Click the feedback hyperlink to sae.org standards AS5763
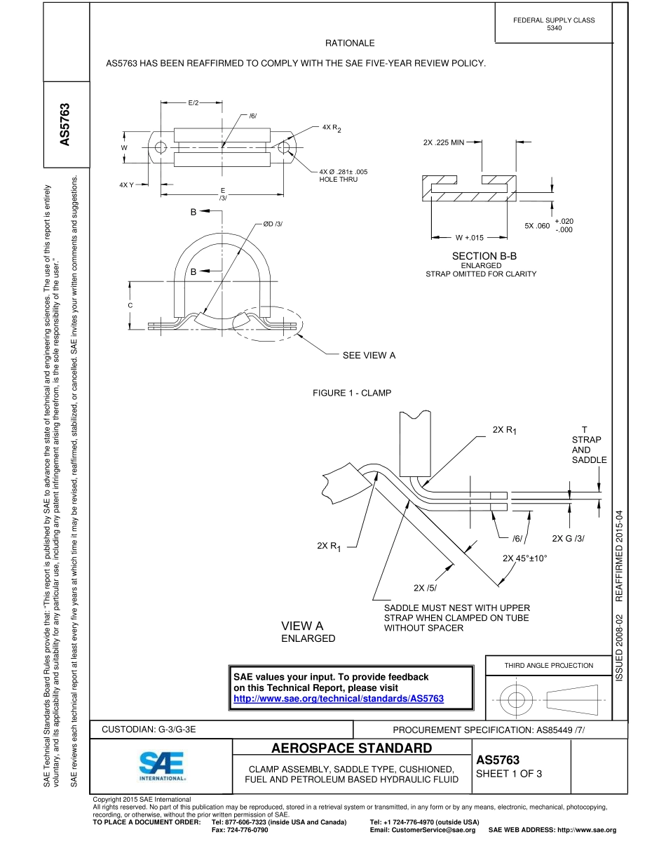tap(339, 699)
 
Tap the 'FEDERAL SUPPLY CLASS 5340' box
tap(554, 24)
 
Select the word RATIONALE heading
tap(350, 43)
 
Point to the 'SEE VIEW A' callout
tap(369, 356)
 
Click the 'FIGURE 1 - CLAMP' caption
tap(352, 393)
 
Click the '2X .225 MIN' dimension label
tap(444, 142)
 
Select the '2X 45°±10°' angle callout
tap(524, 558)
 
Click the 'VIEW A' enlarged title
tap(302, 626)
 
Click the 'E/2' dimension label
tap(193, 103)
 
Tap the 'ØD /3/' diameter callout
tap(273, 224)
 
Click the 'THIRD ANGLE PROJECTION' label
tap(548, 666)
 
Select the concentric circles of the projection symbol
tap(517, 699)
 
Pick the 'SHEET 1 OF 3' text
tap(509, 774)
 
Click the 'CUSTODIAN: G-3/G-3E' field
tap(149, 730)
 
